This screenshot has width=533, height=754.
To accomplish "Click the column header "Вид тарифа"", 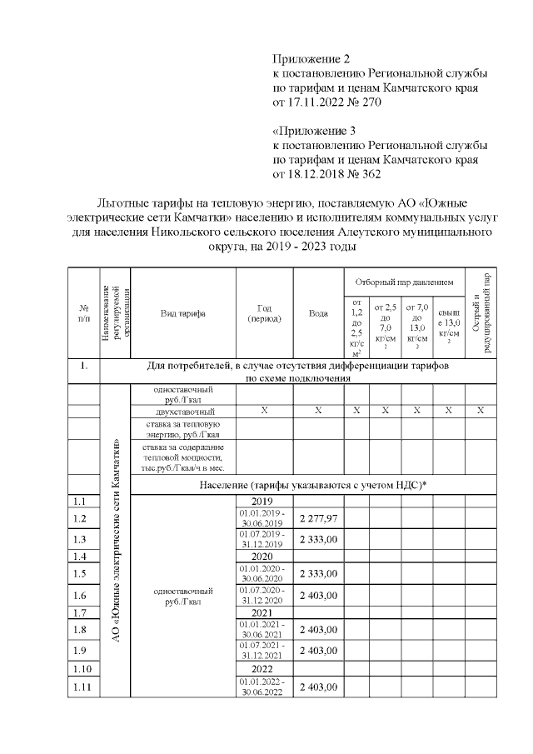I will (x=183, y=313).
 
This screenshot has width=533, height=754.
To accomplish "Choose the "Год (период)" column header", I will (x=265, y=313).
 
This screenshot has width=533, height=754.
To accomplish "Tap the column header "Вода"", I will (x=318, y=313).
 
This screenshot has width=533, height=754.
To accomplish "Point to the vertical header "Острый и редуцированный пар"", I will (x=481, y=313).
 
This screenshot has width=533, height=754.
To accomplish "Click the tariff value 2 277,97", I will (x=318, y=519).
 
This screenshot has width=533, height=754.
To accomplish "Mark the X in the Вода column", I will (x=318, y=411).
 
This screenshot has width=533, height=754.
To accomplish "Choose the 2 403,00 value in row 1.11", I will (x=318, y=687).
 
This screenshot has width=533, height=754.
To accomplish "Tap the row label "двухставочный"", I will (x=184, y=412).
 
